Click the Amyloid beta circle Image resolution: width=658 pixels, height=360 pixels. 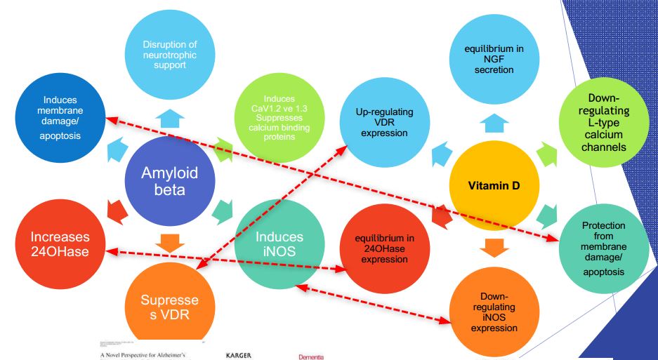click(x=170, y=180)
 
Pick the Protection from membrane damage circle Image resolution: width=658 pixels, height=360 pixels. click(x=603, y=248)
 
